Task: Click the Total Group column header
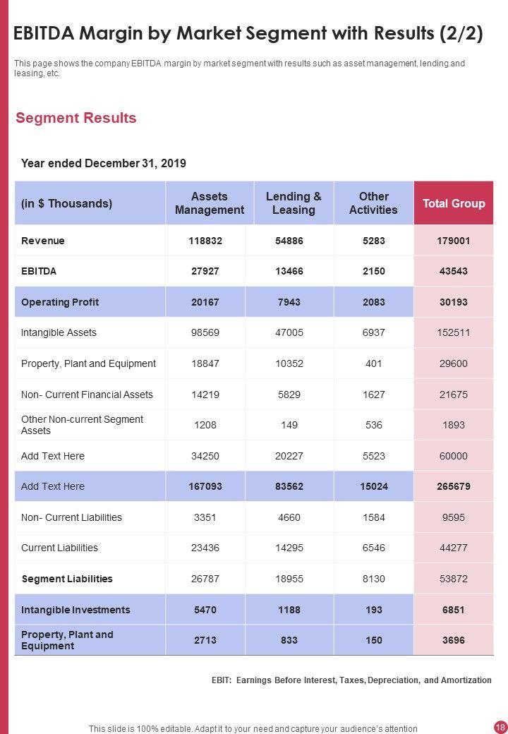click(453, 203)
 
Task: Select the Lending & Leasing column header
click(294, 203)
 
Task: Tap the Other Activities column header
click(373, 203)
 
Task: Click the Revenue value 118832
click(205, 241)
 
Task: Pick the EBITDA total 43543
click(453, 271)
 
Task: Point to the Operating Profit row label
click(60, 302)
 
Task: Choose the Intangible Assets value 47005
click(289, 332)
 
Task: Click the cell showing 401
click(374, 363)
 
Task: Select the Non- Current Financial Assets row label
click(87, 395)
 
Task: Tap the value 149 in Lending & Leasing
click(289, 425)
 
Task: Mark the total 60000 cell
click(453, 456)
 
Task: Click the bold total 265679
click(453, 486)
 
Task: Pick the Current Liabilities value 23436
click(205, 548)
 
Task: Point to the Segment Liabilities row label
click(67, 579)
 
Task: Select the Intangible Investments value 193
click(374, 610)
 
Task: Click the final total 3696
click(453, 640)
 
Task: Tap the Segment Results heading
click(76, 118)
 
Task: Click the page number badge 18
click(500, 727)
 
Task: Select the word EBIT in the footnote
click(221, 680)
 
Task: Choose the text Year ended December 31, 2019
click(104, 163)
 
